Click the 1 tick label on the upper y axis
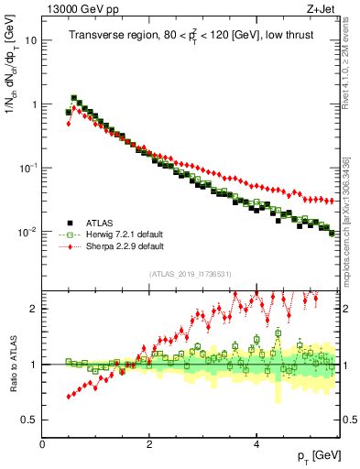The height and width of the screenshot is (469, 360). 32,104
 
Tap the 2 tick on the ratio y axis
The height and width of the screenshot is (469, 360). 33,309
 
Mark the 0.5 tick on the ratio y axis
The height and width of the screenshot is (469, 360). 29,420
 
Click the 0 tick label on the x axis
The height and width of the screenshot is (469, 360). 43,443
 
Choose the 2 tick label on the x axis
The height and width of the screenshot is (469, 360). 149,443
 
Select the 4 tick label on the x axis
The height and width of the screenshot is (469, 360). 256,443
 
